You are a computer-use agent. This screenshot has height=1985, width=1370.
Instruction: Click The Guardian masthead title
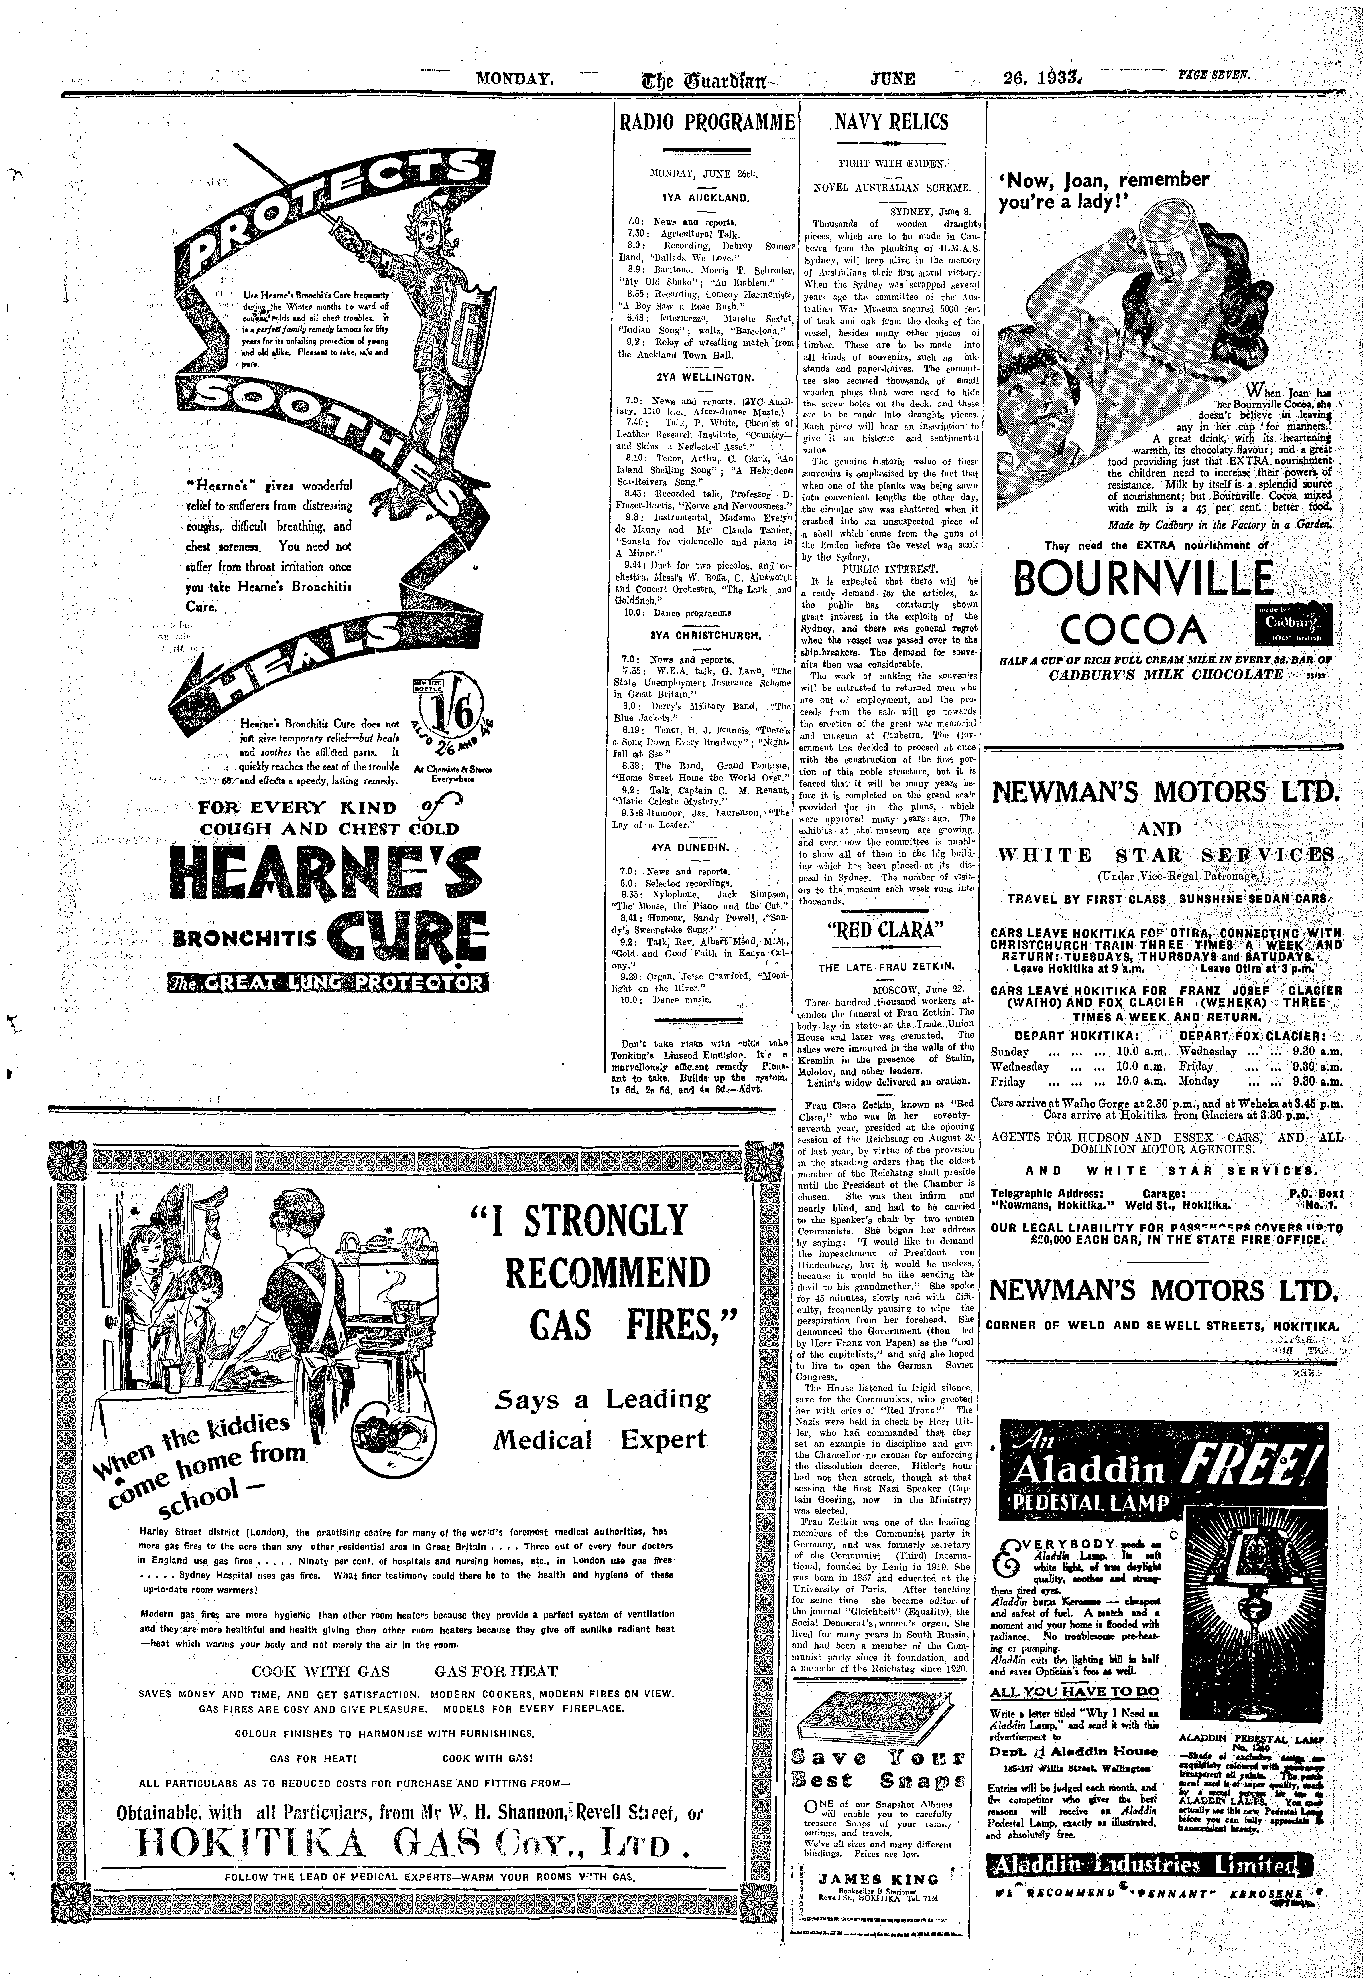tap(695, 80)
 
